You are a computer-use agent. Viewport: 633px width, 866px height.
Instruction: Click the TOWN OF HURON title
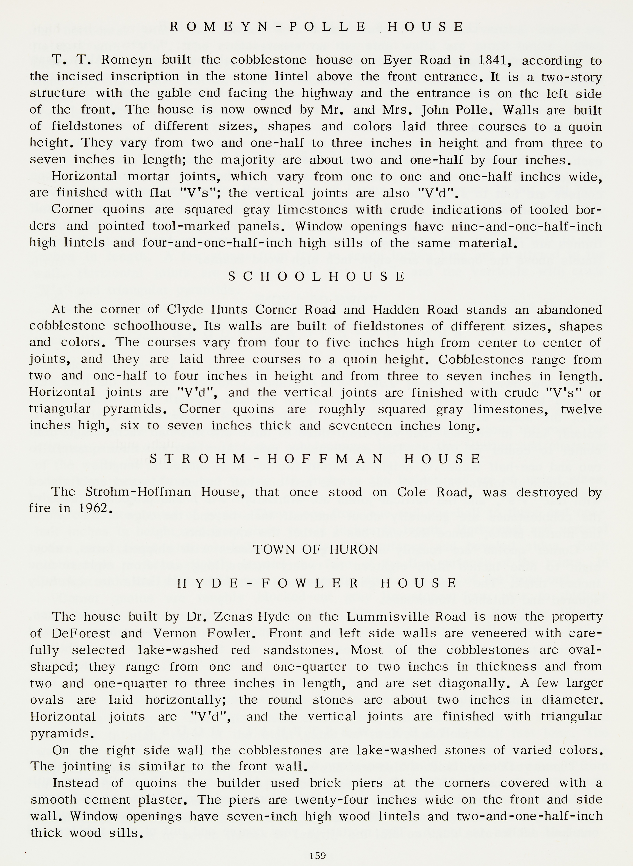click(x=315, y=549)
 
